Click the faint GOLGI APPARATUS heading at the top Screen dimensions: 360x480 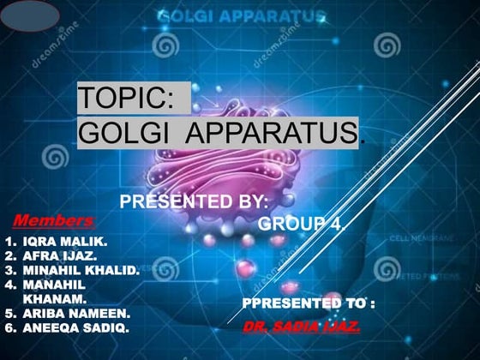(x=241, y=15)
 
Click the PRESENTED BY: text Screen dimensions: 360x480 (x=194, y=202)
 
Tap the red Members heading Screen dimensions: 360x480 (x=53, y=220)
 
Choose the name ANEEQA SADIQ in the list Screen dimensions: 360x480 (x=75, y=327)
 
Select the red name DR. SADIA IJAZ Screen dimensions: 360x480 (x=301, y=327)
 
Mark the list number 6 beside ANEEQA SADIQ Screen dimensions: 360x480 (x=9, y=327)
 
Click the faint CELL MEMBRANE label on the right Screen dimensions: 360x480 (x=422, y=237)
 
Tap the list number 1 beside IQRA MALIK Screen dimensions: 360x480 (x=9, y=243)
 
